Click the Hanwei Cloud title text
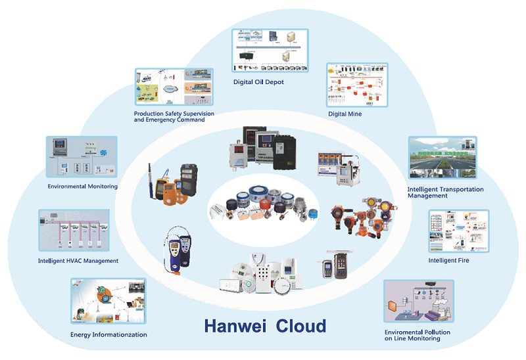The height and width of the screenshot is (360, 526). click(x=264, y=325)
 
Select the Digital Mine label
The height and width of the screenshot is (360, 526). click(x=345, y=114)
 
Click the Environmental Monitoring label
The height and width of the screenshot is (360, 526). click(x=82, y=187)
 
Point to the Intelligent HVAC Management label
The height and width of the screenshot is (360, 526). click(x=78, y=261)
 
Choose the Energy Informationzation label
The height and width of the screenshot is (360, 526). click(x=108, y=334)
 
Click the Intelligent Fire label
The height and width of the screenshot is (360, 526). click(x=448, y=260)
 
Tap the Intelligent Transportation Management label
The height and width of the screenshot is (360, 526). click(x=445, y=192)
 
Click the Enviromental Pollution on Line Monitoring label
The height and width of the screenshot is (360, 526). click(x=418, y=336)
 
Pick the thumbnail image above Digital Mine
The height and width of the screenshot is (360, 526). click(x=357, y=85)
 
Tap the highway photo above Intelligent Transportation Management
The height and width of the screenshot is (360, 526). click(x=442, y=158)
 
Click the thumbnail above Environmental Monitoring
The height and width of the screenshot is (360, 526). click(x=82, y=158)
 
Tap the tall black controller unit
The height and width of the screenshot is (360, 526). click(x=289, y=148)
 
